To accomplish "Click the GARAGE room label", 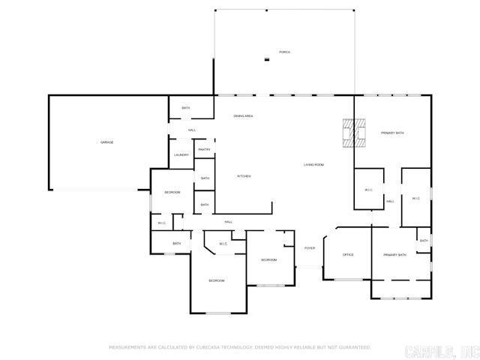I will point(107,142).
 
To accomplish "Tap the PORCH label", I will point(284,52).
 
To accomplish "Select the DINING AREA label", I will point(242,116).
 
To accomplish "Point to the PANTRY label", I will point(204,150).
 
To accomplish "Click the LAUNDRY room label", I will point(181,155).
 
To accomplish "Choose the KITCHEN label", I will point(244,176).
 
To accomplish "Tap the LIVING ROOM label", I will point(313,164).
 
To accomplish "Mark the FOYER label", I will point(309,248).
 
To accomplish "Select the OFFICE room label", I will point(348,255).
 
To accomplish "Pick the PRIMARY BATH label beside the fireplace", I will point(392,133).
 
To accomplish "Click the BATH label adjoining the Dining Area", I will point(186,108).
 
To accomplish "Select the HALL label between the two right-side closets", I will point(390,201).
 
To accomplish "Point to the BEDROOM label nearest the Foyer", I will point(268,259).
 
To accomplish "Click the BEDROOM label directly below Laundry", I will point(172,193).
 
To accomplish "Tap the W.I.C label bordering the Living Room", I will point(369,190).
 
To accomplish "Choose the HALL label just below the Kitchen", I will point(228,221).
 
